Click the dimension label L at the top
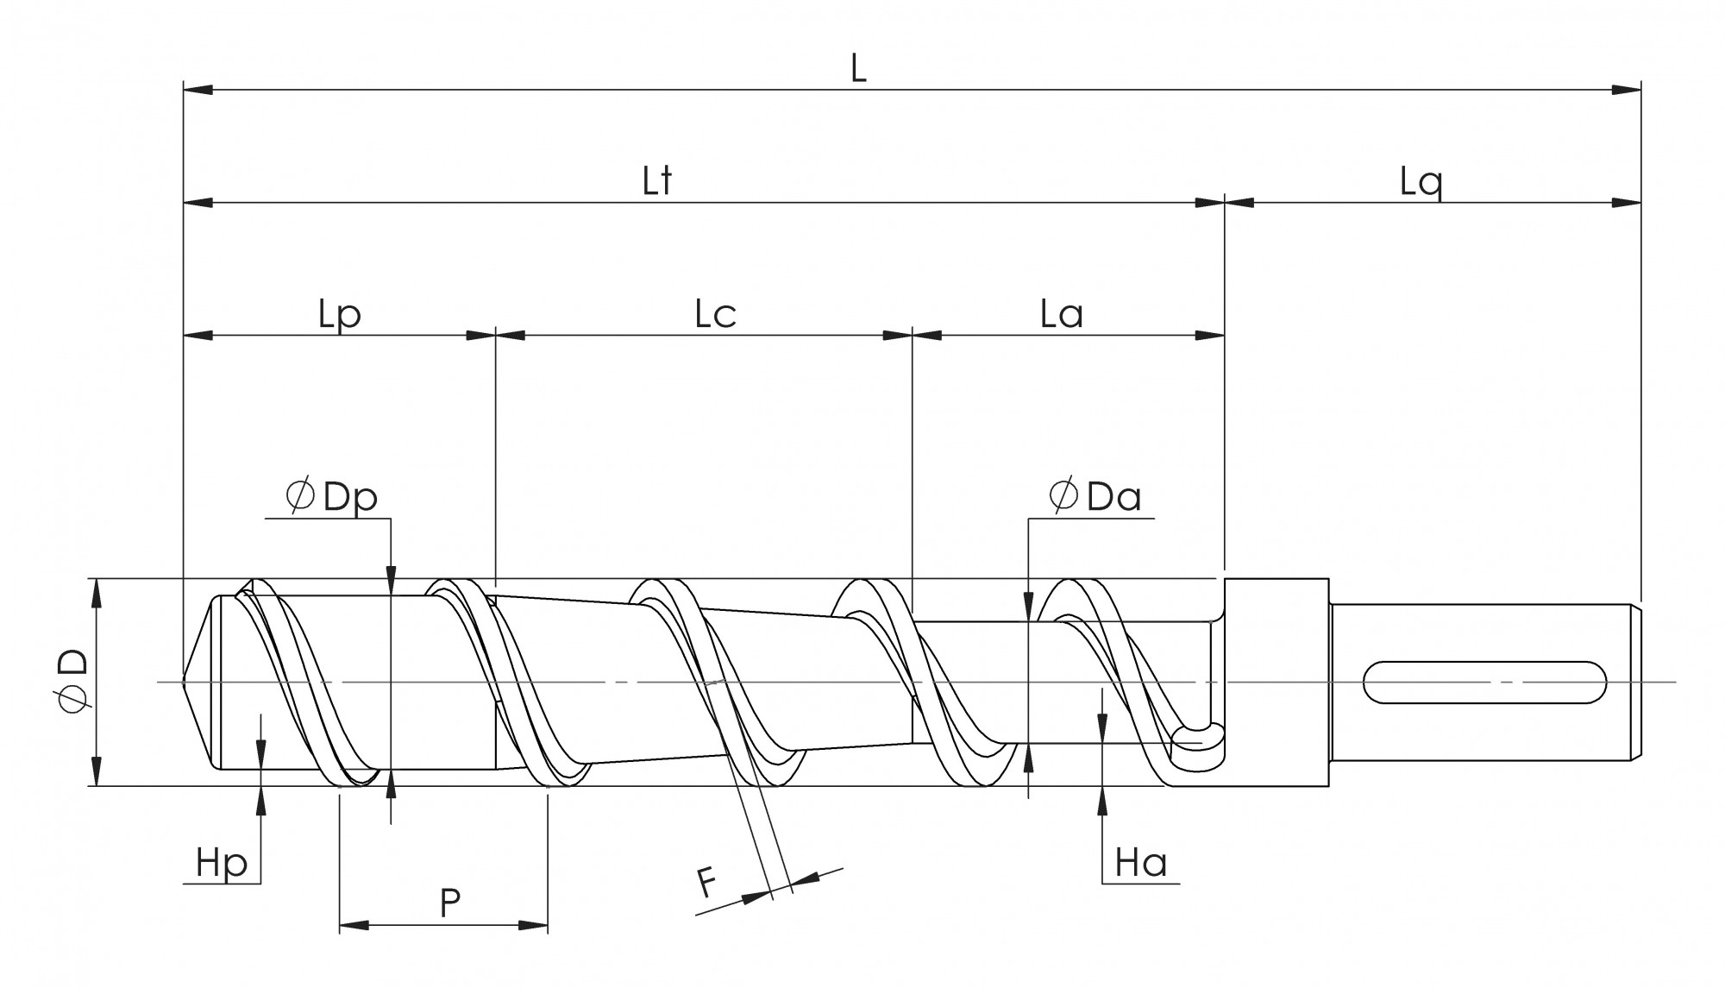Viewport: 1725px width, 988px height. pyautogui.click(x=857, y=69)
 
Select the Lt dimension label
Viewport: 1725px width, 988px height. pyautogui.click(x=657, y=181)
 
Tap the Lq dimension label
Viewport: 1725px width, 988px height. pyautogui.click(x=1421, y=183)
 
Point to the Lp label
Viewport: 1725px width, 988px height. pyautogui.click(x=339, y=315)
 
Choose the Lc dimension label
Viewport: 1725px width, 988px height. pyautogui.click(x=715, y=315)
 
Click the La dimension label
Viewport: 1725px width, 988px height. pyautogui.click(x=1061, y=315)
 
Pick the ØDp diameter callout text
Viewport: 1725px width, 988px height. pyautogui.click(x=333, y=498)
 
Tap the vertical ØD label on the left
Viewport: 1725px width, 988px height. pyautogui.click(x=72, y=681)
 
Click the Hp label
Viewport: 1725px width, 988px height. pyautogui.click(x=222, y=862)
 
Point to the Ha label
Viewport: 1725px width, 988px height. pyautogui.click(x=1140, y=862)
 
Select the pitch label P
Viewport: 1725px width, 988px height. pyautogui.click(x=449, y=903)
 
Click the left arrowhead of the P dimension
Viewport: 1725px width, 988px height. pyautogui.click(x=354, y=925)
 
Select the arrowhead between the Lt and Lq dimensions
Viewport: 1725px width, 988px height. pyautogui.click(x=1225, y=203)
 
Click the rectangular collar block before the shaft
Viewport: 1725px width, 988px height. pyautogui.click(x=1276, y=682)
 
